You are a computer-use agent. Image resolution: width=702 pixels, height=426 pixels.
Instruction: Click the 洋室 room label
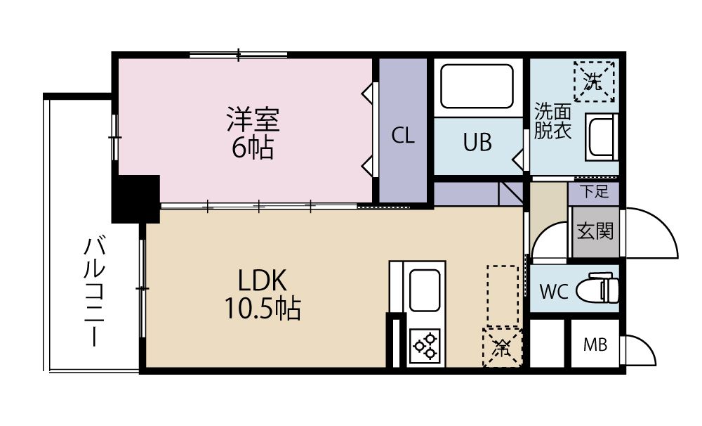253,120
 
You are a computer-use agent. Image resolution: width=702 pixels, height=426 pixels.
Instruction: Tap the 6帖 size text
252,148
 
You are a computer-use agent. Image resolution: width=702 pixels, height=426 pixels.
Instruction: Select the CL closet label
403,136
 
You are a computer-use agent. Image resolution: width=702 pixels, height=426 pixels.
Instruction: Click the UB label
477,143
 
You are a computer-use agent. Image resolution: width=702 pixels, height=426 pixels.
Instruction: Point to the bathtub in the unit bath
477,86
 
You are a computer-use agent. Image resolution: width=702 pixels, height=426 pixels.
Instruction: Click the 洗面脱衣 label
552,121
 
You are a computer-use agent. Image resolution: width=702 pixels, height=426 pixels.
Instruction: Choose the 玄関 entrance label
594,231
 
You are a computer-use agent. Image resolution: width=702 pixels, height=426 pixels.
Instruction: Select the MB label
595,346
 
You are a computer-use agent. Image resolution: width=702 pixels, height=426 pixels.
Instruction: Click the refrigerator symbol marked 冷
502,347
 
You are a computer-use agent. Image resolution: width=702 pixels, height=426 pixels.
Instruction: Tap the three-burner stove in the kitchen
425,347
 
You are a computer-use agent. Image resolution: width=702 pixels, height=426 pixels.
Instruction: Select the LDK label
261,280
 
